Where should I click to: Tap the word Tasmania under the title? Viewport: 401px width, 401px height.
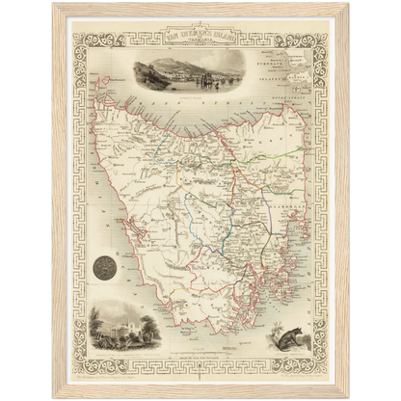pyautogui.click(x=200, y=49)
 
